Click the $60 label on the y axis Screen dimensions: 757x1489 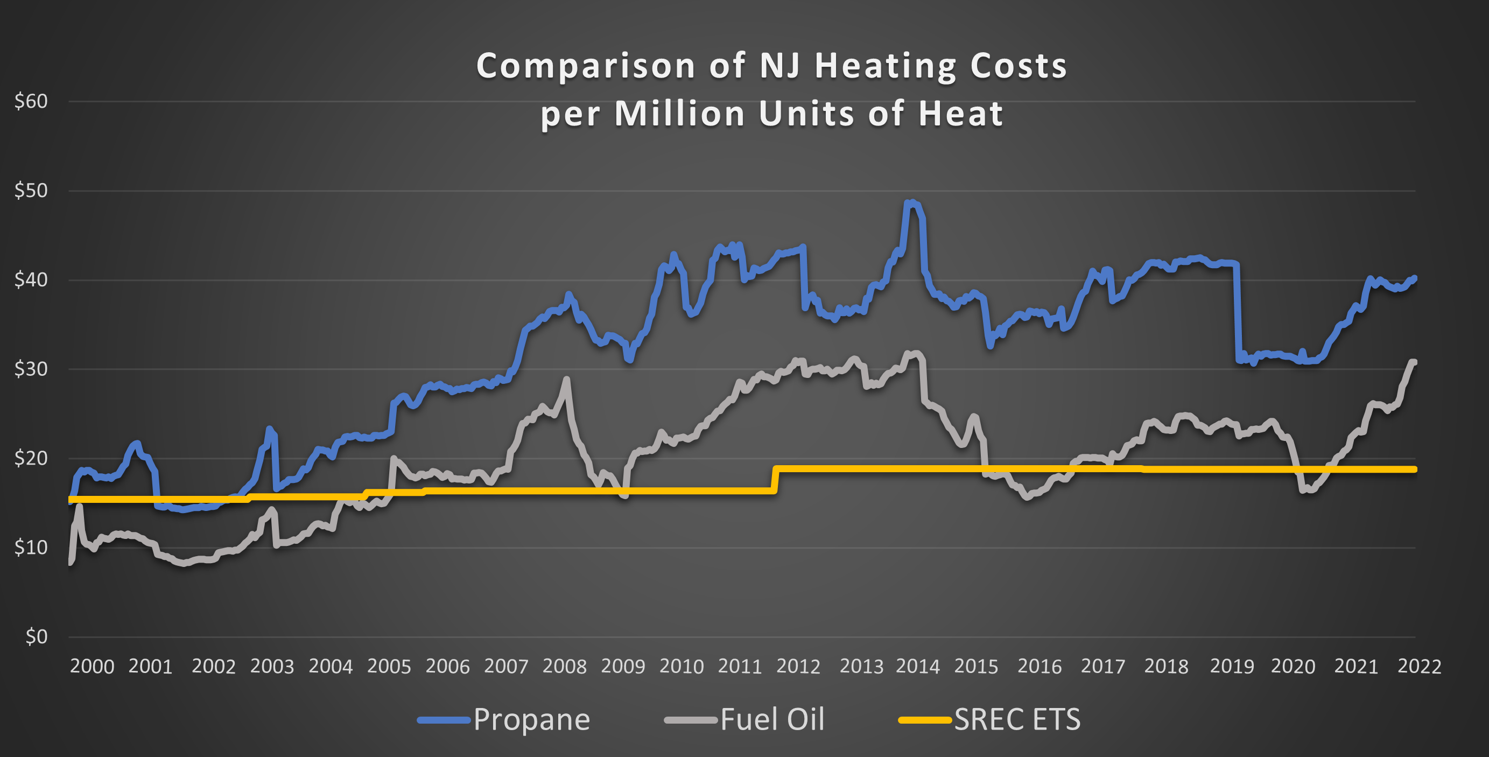31,101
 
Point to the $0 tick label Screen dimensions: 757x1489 36,637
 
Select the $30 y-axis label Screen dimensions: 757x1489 31,369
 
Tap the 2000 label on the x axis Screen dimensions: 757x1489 92,666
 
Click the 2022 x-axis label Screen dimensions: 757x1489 1419,666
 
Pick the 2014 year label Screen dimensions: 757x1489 917,666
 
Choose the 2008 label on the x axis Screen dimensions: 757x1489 564,666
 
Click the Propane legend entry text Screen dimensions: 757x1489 531,720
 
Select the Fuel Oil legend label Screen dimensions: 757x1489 772,720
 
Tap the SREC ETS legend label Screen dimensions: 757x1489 1017,720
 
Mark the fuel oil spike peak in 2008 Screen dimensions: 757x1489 566,380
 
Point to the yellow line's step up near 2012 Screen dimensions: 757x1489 775,479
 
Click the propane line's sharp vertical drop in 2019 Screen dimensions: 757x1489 1237,312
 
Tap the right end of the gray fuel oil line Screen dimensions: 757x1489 1414,362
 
